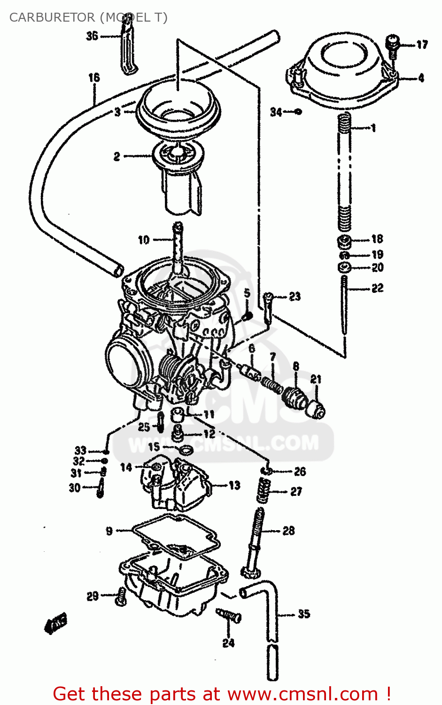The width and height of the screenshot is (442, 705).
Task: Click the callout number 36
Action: point(92,36)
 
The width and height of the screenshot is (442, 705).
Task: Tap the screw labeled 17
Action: point(392,45)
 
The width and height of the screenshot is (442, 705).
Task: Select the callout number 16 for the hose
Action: point(94,77)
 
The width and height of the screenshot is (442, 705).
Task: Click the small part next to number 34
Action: point(298,111)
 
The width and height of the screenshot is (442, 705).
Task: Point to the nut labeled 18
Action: point(344,242)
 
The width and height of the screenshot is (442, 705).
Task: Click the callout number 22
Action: point(377,288)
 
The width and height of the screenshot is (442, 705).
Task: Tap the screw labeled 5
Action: point(248,316)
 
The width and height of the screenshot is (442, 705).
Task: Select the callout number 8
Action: point(295,366)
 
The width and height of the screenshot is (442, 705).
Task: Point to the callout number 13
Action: point(234,485)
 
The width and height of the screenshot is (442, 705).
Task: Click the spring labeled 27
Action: point(264,491)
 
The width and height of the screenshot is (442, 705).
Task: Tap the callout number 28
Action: point(288,531)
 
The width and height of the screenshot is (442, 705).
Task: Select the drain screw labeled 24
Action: point(229,616)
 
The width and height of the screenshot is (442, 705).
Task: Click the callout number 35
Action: point(303,614)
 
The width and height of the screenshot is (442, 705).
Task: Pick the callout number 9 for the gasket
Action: point(109,531)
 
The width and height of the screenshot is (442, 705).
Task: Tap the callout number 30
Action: point(75,488)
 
